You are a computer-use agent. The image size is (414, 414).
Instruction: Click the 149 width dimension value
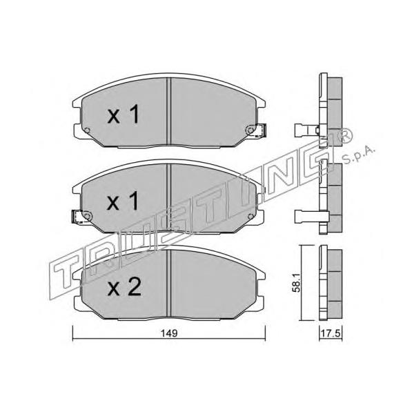[x=169, y=333]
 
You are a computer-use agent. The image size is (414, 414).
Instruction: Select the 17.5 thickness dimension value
[x=330, y=333]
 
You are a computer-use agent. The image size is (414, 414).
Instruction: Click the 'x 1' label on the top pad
[x=124, y=114]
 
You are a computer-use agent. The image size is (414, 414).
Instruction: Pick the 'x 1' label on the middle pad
[x=123, y=201]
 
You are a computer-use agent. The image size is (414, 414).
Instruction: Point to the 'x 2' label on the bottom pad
[x=124, y=287]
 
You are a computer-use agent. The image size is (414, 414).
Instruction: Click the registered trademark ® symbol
[x=345, y=136]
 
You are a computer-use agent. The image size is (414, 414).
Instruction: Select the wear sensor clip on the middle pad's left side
[x=78, y=217]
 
